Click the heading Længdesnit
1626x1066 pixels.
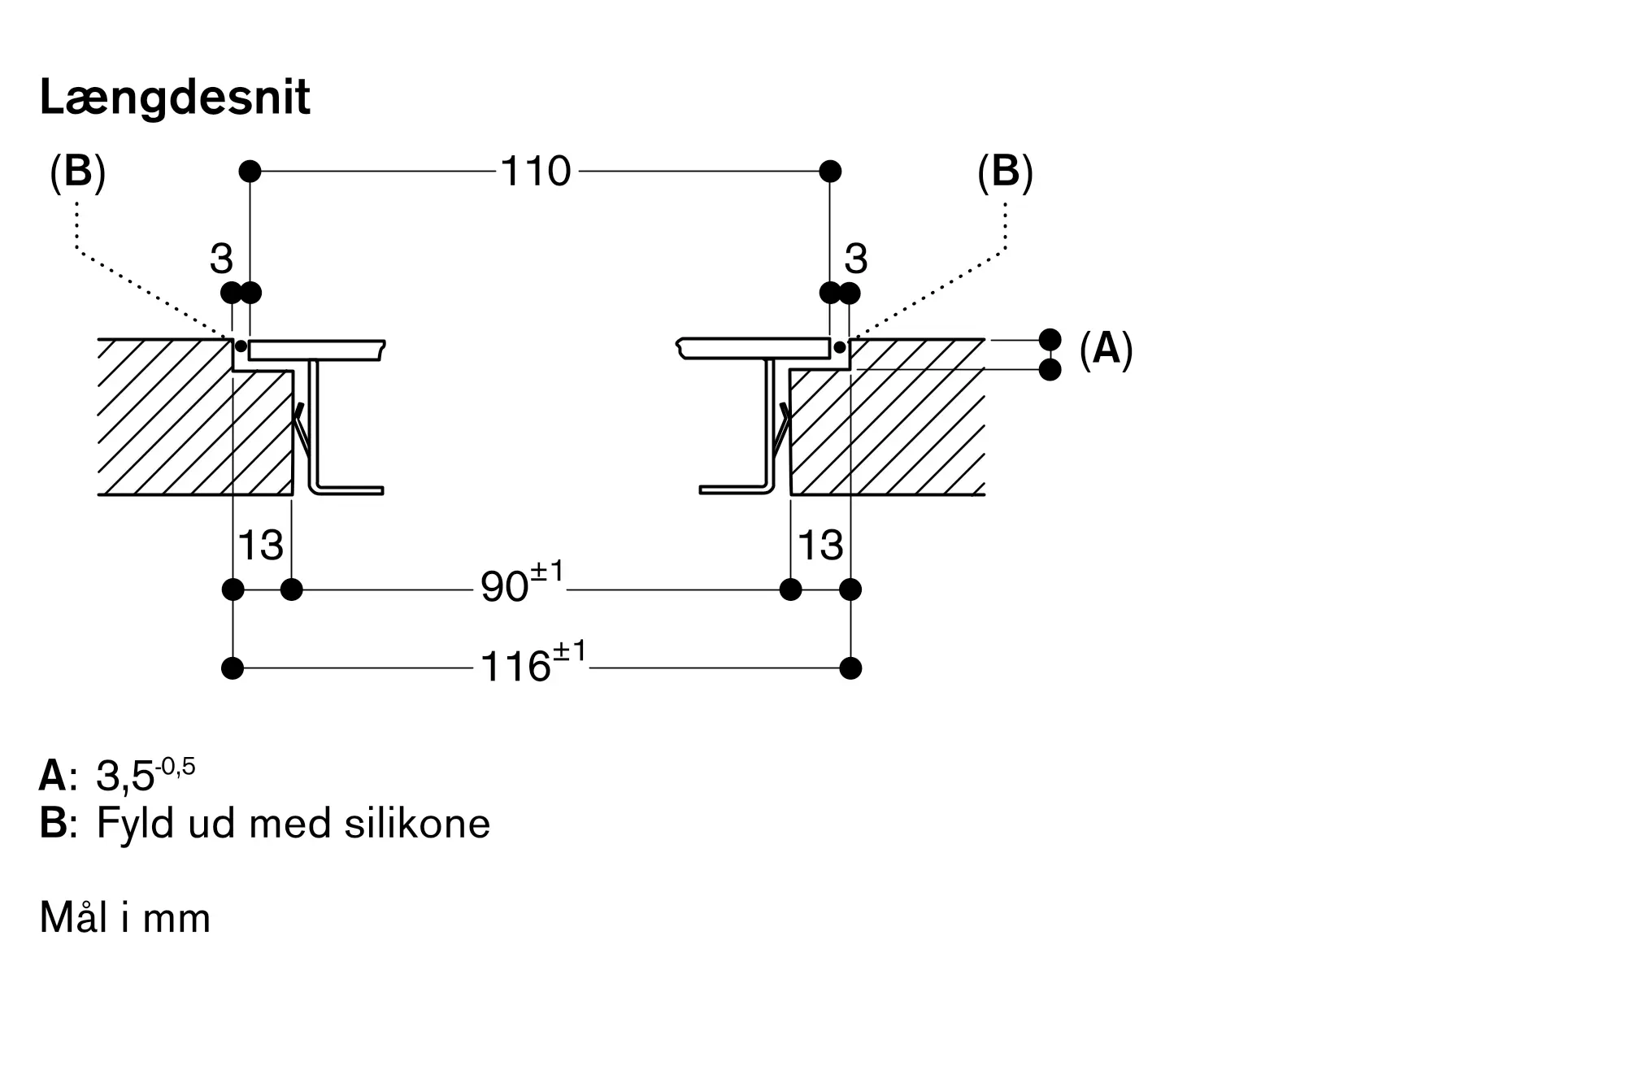[x=175, y=99]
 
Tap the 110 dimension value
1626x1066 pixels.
[x=536, y=172]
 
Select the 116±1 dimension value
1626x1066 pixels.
[x=533, y=662]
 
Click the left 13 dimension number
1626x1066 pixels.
[x=260, y=545]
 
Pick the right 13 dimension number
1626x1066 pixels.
[x=820, y=545]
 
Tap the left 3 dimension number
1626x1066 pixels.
[x=221, y=259]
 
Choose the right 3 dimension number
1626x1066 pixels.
[x=856, y=259]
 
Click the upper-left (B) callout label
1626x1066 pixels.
[x=78, y=173]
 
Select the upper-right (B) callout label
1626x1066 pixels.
[x=1006, y=173]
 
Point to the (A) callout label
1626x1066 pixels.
[x=1106, y=350]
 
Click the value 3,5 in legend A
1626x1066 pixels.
[x=125, y=777]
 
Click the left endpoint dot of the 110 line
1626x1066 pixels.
[x=250, y=172]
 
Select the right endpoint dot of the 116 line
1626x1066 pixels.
[x=850, y=668]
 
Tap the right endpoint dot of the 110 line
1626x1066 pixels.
[x=830, y=172]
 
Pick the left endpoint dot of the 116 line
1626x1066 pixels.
[x=233, y=668]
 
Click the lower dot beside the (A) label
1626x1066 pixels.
[x=1050, y=370]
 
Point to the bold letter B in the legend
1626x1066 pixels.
[x=52, y=823]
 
